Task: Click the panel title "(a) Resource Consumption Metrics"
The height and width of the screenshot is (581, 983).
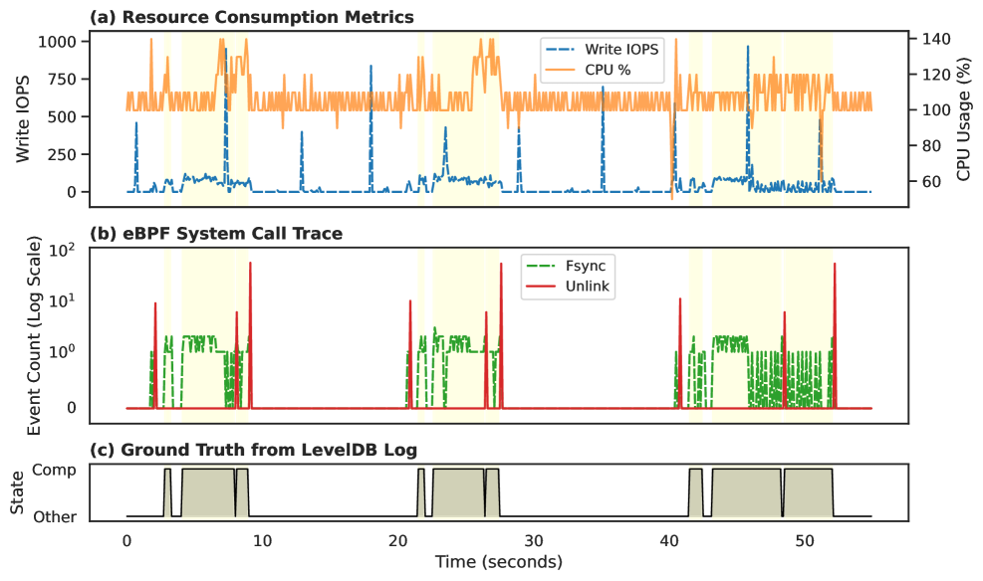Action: tap(252, 17)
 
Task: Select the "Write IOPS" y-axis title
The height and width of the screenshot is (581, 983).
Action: tap(23, 117)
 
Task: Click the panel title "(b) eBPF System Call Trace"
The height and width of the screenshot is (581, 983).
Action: tap(216, 234)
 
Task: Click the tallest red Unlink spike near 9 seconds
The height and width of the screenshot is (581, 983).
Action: tap(250, 265)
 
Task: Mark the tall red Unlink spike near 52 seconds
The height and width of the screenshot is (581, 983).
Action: tap(835, 266)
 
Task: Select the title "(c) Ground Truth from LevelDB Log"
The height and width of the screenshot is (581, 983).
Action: tap(253, 450)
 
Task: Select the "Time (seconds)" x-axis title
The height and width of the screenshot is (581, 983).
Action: tap(498, 562)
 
